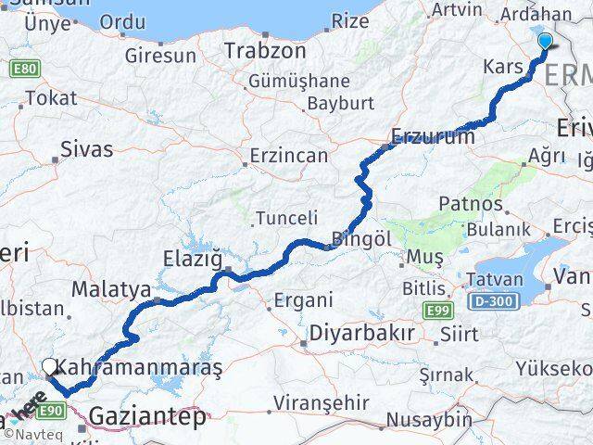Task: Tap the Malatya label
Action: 111,289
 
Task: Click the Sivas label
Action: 86,148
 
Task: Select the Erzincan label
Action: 286,156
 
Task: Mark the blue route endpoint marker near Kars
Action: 544,41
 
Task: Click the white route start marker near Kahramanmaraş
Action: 49,366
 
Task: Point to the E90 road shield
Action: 52,409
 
